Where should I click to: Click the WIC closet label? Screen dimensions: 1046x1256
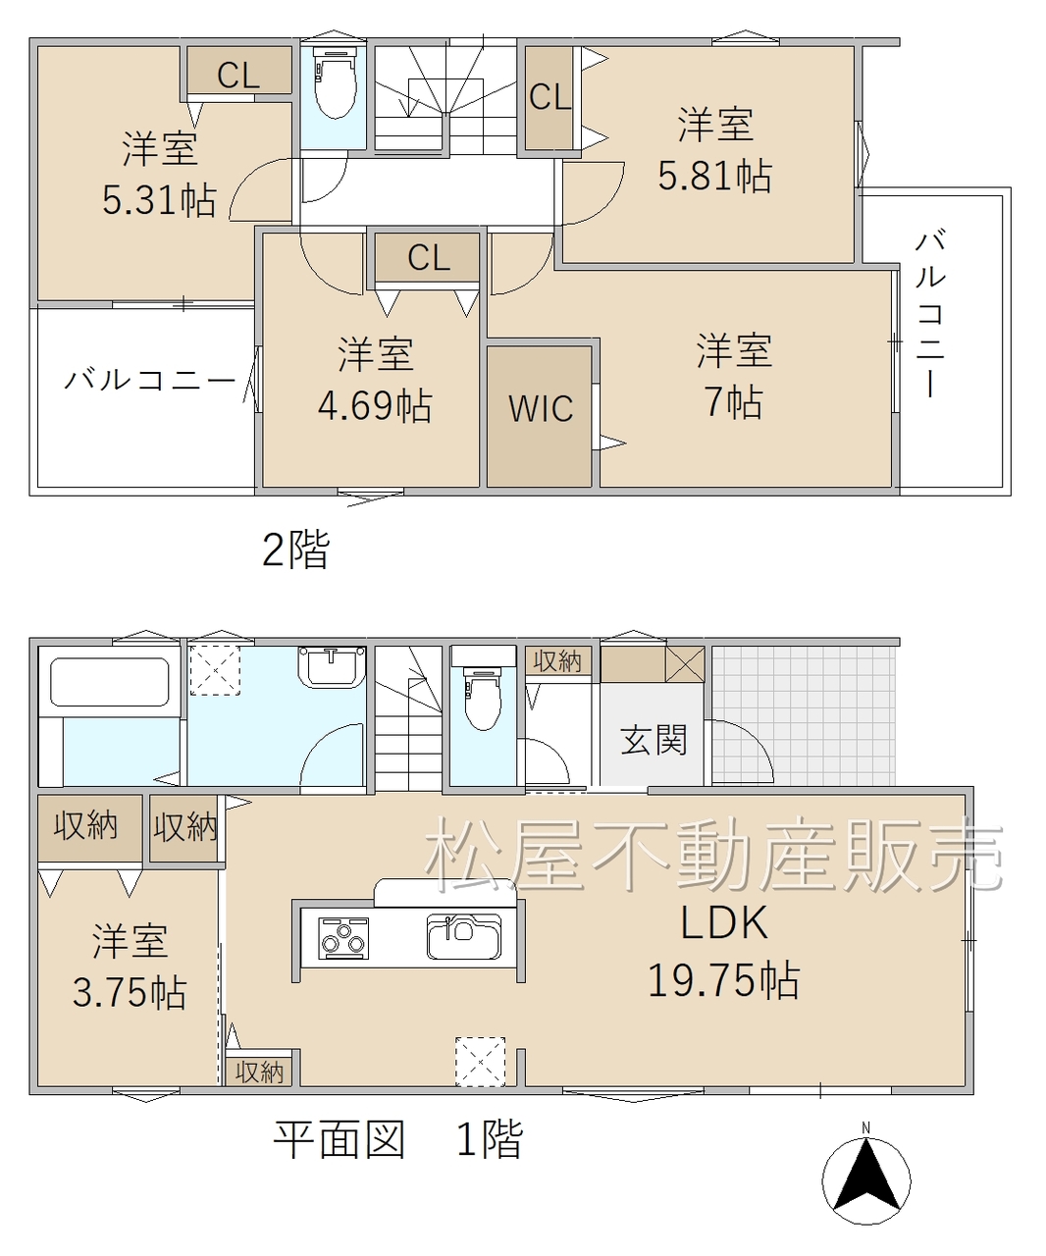[x=540, y=409]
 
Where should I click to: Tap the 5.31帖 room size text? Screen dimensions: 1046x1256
[x=159, y=200]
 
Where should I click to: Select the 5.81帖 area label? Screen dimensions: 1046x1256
[x=714, y=177]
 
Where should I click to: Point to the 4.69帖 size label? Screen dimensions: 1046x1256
[x=375, y=405]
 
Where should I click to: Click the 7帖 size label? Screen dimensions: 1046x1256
[x=734, y=402]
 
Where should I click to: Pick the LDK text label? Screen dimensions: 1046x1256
[x=723, y=922]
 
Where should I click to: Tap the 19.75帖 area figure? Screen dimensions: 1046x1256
[x=723, y=981]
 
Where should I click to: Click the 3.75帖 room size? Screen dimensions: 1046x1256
[x=130, y=992]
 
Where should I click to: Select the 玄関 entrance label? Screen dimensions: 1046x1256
[x=654, y=740]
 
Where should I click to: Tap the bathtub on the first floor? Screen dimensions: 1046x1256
[x=110, y=682]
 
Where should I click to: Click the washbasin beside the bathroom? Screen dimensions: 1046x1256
[x=332, y=666]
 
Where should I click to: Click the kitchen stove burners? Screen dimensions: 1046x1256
[x=342, y=938]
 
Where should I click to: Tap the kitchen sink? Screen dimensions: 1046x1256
[x=464, y=936]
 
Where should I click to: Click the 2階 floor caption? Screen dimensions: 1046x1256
[x=296, y=549]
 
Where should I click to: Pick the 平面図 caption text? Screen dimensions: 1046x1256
[x=340, y=1139]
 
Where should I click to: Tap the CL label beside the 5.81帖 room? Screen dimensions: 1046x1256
[x=549, y=97]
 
